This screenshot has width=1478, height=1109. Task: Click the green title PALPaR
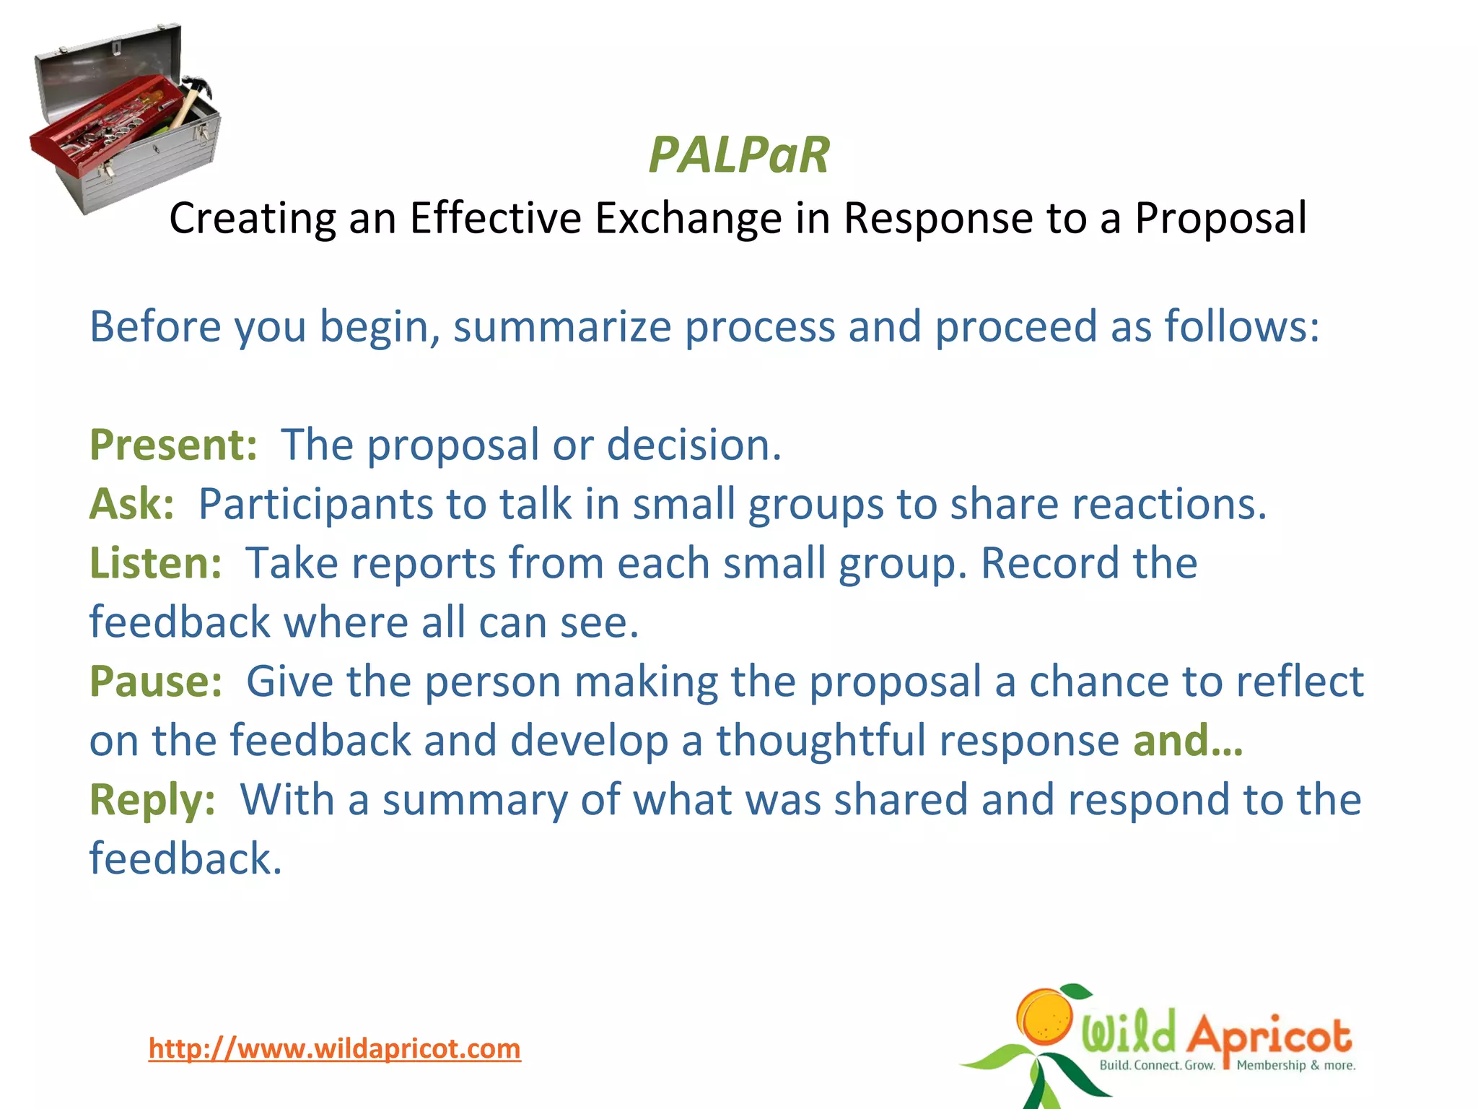(739, 155)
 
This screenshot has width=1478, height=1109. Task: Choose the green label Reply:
(152, 800)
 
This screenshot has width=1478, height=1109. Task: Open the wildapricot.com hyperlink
(334, 1048)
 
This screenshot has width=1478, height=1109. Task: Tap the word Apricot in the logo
(1269, 1036)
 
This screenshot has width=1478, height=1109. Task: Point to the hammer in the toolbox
(190, 101)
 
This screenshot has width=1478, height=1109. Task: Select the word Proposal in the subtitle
(1220, 218)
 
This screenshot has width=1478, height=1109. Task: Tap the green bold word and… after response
(1188, 741)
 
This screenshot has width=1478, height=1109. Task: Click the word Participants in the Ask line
(315, 504)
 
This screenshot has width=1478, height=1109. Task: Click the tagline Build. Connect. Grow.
(1157, 1065)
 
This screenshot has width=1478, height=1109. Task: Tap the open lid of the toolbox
(108, 61)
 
